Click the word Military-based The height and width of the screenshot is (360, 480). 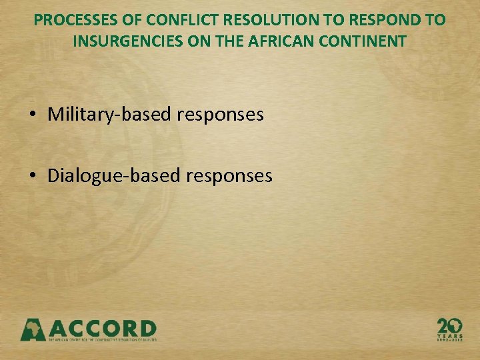(110, 115)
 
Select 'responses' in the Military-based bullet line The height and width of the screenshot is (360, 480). (221, 115)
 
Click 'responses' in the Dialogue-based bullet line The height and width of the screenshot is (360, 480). (229, 175)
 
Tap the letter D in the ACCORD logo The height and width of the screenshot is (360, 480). (145, 329)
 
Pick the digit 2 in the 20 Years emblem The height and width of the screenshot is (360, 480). (443, 325)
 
